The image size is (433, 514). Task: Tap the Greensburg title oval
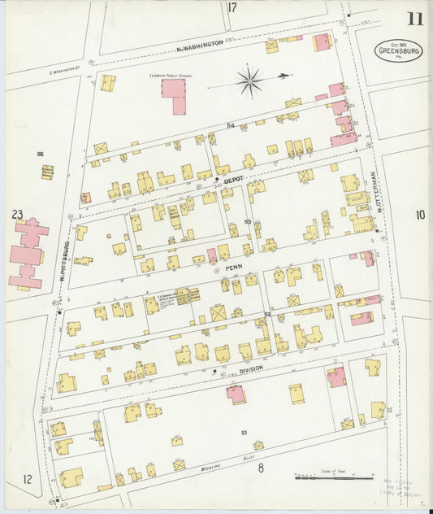[x=398, y=50]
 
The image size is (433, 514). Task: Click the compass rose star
[x=249, y=81]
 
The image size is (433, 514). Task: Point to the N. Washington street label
[x=200, y=46]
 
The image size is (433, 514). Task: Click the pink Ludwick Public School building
[x=174, y=94]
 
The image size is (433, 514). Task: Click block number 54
[x=231, y=125]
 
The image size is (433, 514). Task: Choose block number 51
[x=243, y=433]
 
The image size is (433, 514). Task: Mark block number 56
[x=40, y=153]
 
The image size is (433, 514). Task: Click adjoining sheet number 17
[x=232, y=8]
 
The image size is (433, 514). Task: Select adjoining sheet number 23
[x=18, y=214]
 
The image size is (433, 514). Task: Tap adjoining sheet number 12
[x=28, y=479]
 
